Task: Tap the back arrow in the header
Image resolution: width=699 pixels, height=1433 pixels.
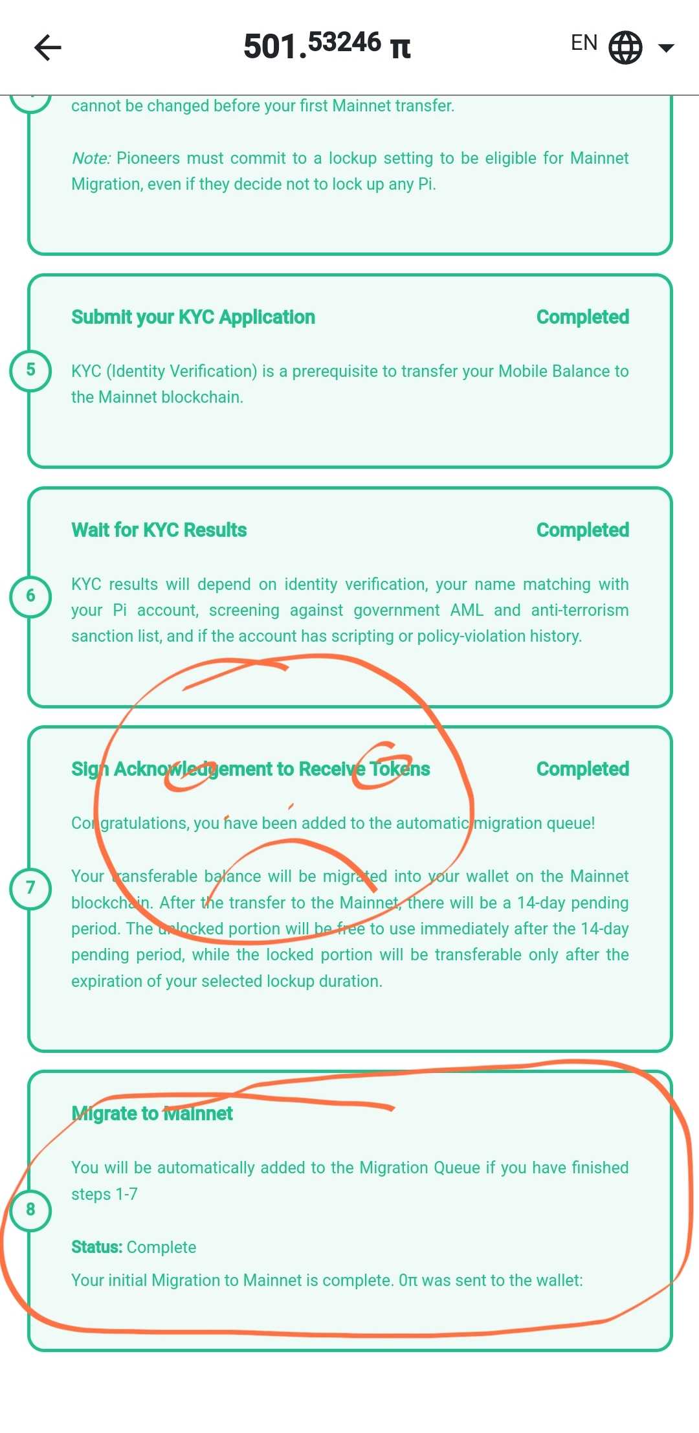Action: (47, 47)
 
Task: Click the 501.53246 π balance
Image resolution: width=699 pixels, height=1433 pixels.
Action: (327, 46)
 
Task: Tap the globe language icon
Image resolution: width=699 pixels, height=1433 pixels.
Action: (625, 47)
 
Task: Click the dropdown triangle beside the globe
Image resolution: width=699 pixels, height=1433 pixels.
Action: (666, 47)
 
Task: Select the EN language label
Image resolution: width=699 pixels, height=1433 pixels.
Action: (584, 43)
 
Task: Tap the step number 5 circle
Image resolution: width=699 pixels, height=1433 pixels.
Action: (30, 370)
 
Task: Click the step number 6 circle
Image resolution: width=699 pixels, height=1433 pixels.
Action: (30, 596)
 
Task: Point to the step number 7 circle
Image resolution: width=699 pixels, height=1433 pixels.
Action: (30, 887)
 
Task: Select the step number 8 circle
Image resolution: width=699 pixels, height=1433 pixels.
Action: (30, 1209)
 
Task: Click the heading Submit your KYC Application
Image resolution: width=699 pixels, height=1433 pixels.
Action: (193, 317)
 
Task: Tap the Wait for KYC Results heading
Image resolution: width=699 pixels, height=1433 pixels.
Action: (159, 530)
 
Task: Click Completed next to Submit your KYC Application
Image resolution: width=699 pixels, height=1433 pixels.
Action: (582, 317)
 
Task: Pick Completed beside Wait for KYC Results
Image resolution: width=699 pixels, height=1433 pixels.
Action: (582, 530)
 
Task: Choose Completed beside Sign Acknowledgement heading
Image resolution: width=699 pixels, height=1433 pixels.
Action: (582, 769)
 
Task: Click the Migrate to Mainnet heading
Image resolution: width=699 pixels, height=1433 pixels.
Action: (152, 1114)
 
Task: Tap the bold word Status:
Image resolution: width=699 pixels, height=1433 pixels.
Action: (96, 1247)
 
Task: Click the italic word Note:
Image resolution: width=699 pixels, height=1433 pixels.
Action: (91, 159)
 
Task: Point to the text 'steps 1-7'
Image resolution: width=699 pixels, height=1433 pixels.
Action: (104, 1194)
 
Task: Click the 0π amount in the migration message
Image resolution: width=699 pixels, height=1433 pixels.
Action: (408, 1280)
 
